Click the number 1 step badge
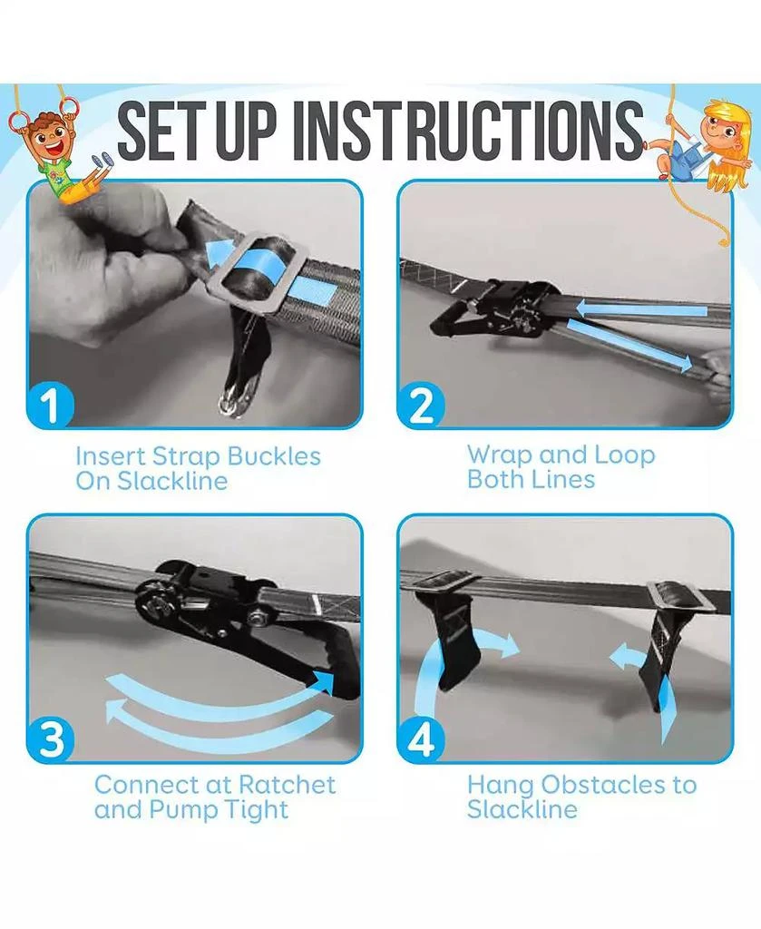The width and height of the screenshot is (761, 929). point(51,406)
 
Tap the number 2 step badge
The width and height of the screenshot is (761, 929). point(421,406)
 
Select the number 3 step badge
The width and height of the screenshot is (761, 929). point(51,739)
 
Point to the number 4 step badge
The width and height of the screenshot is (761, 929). point(421,739)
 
